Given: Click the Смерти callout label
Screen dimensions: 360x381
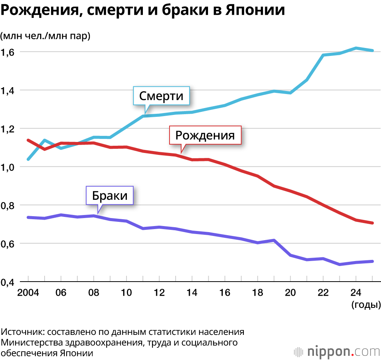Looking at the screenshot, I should (161, 96).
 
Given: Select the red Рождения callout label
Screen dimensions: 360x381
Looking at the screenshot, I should (205, 135).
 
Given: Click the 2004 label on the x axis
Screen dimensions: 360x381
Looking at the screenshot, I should (28, 293).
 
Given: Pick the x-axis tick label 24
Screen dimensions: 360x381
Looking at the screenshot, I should (355, 293).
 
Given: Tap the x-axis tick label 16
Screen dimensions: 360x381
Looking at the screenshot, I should (225, 293).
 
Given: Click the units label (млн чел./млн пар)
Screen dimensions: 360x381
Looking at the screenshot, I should (45, 36).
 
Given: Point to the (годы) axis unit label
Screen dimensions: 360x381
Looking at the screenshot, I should (365, 304).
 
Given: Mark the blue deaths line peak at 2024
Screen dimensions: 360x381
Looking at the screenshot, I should (355, 48).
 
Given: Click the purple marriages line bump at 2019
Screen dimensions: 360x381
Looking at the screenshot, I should (274, 240).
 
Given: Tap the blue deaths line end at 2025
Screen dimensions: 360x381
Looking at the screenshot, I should (372, 50).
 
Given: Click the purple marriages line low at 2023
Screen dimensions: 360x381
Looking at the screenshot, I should (339, 264).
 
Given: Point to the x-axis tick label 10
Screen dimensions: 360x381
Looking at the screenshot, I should (126, 293).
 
